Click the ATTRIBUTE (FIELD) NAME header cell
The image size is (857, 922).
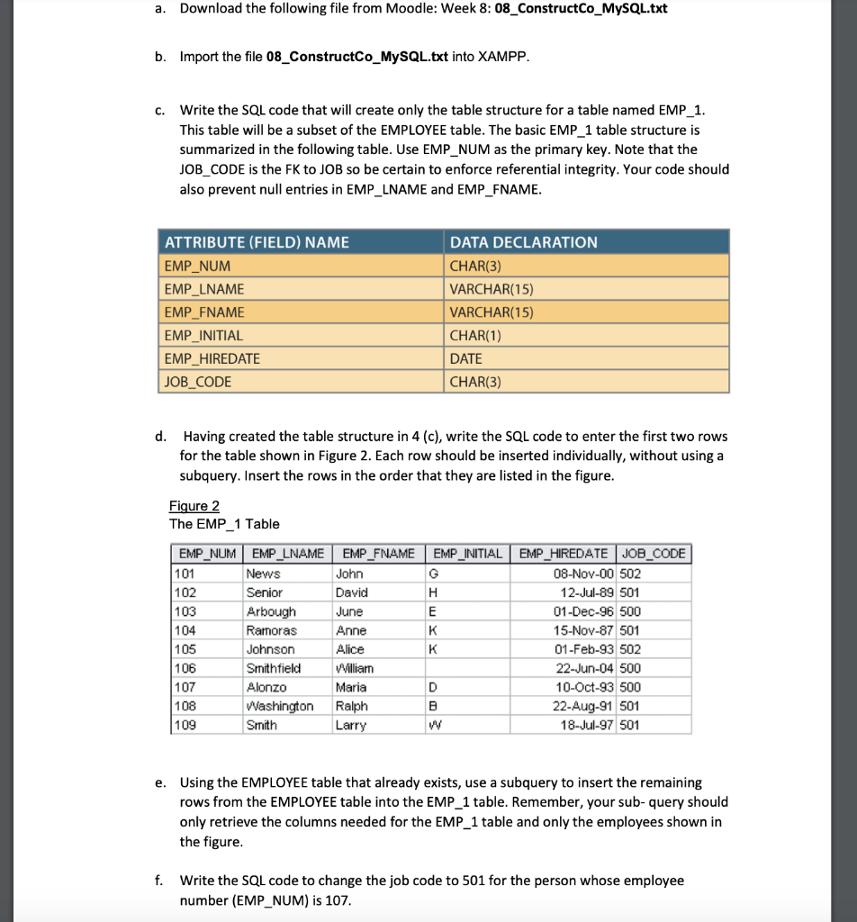[x=256, y=242]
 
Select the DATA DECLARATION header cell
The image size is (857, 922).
[x=523, y=242]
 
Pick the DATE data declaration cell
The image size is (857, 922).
[x=465, y=358]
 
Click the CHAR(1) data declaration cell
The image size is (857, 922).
[x=475, y=335]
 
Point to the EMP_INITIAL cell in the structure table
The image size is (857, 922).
[x=203, y=335]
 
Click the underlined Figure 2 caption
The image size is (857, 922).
[x=194, y=506]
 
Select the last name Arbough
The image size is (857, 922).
[x=271, y=611]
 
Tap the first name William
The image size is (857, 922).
[x=354, y=668]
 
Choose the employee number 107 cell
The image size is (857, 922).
[x=185, y=687]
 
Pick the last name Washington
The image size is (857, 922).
[x=280, y=706]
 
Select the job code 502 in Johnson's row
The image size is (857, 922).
[x=631, y=649]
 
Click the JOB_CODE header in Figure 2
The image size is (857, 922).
[x=654, y=553]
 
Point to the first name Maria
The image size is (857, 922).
[x=350, y=687]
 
